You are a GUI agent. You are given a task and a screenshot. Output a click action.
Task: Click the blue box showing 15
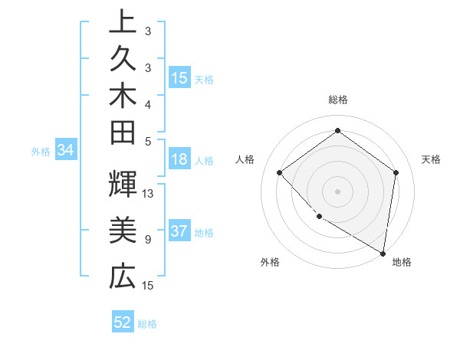(x=179, y=77)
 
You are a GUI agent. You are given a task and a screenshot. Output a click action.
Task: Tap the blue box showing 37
(x=179, y=232)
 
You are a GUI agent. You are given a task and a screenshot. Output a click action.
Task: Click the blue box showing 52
(x=123, y=322)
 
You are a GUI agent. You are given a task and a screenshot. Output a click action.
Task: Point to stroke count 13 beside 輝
(x=149, y=194)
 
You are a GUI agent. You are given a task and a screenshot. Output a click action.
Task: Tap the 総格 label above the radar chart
(x=337, y=100)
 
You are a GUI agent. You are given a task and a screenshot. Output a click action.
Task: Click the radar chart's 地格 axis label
(x=402, y=262)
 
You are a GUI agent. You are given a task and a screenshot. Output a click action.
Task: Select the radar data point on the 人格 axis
(x=280, y=172)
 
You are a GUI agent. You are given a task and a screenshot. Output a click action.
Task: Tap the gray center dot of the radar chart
(x=337, y=191)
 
